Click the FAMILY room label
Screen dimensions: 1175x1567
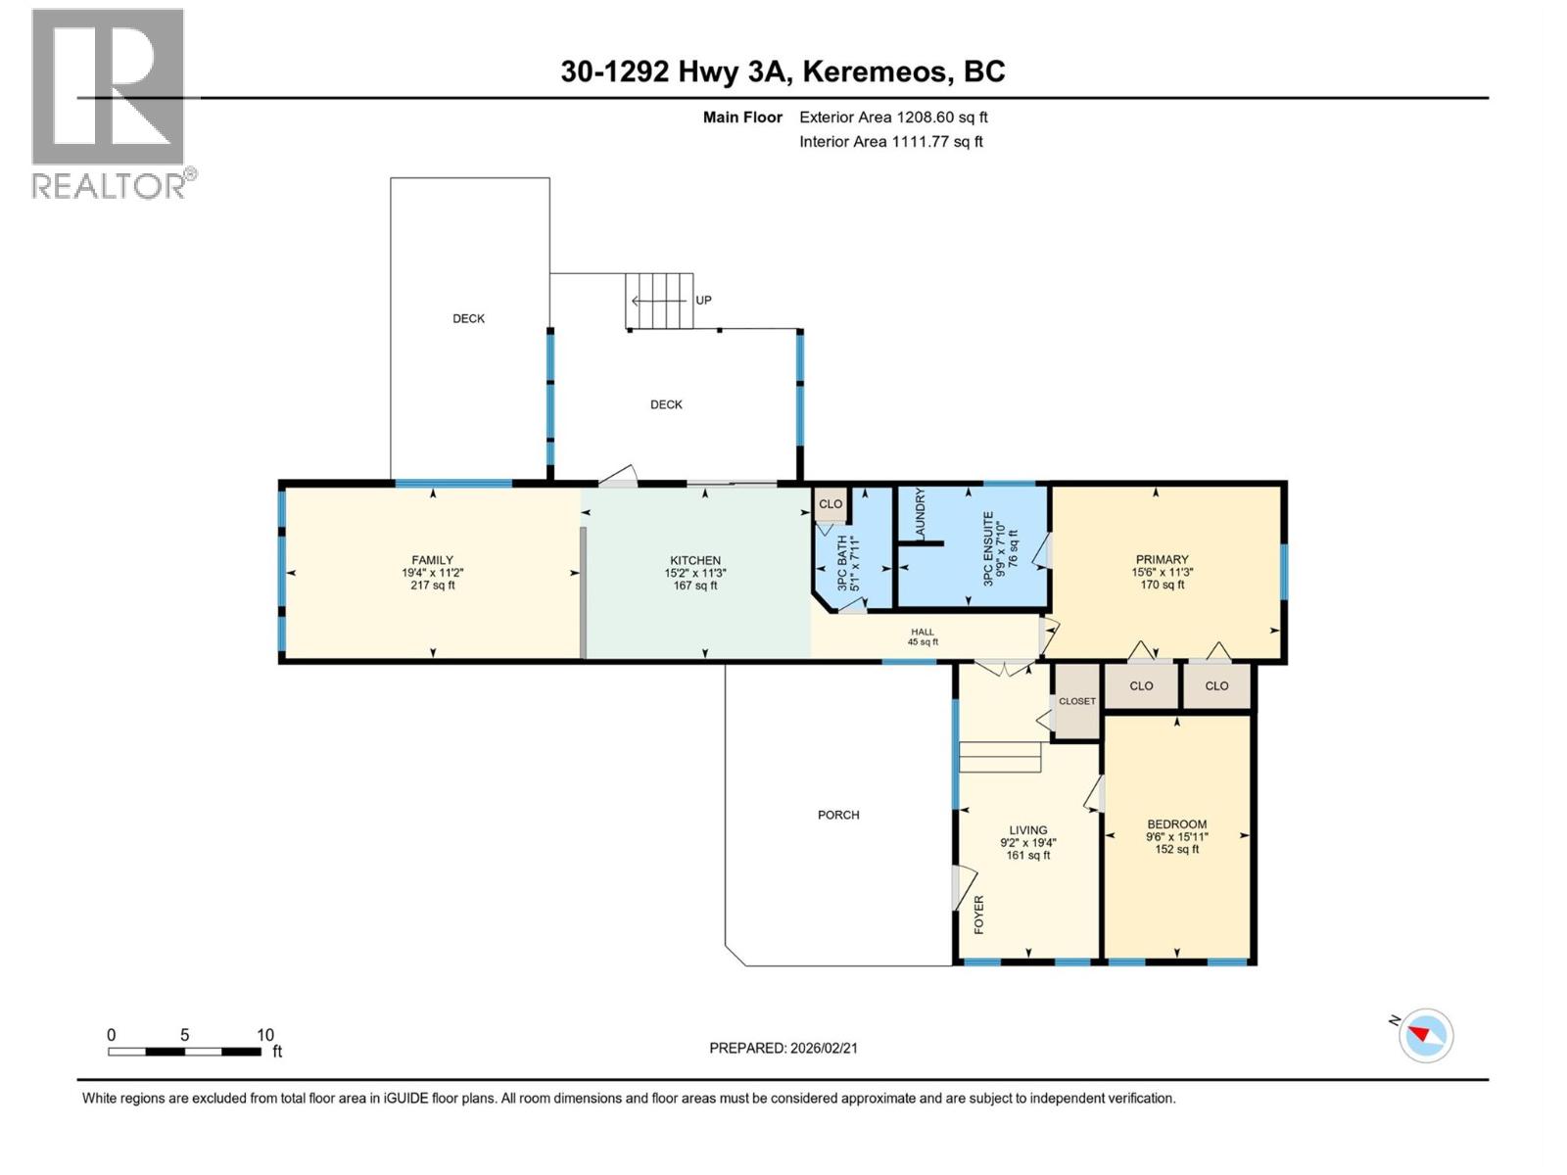[x=432, y=561]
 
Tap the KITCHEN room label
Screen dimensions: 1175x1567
[x=695, y=561]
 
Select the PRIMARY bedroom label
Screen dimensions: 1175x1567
[x=1162, y=560]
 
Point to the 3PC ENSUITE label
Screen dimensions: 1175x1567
[x=989, y=548]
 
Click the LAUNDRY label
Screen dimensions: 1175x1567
[x=920, y=514]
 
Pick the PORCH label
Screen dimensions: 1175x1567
[x=838, y=815]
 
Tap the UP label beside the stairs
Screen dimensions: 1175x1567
[x=703, y=301]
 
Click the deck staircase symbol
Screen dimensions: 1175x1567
[x=659, y=301]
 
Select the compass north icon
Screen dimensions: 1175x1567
[x=1425, y=1035]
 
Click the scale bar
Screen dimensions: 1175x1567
[x=184, y=1052]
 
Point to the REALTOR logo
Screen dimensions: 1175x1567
[x=109, y=103]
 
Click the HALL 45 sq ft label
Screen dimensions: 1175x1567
[x=923, y=637]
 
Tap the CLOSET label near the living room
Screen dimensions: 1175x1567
[x=1076, y=701]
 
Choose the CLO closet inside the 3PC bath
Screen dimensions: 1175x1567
[x=831, y=504]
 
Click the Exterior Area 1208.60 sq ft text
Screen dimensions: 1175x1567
[x=893, y=117]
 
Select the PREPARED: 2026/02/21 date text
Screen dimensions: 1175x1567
[x=783, y=1048]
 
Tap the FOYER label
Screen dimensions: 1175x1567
[x=978, y=914]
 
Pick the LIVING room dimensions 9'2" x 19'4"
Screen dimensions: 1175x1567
[x=1028, y=843]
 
